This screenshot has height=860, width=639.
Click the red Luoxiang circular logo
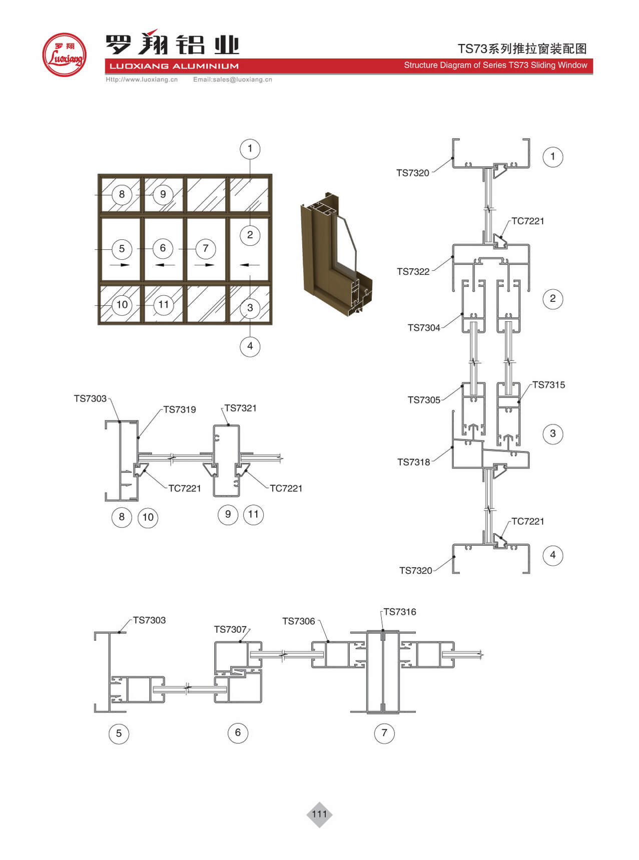point(64,55)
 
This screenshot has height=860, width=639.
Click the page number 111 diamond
point(319,814)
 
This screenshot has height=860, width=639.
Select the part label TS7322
point(413,272)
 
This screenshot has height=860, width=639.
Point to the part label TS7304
point(424,328)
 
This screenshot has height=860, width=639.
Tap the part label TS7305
point(424,400)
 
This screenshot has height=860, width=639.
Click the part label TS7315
point(548,385)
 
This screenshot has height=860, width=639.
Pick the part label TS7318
point(413,462)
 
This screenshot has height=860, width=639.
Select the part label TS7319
point(180,409)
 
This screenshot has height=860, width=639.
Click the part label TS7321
point(240,408)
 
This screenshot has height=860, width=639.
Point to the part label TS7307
point(230,629)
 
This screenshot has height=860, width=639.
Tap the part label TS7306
point(299,621)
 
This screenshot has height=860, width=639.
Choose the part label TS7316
point(399,612)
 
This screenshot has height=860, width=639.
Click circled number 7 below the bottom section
point(384,733)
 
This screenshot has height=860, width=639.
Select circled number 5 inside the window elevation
point(122,249)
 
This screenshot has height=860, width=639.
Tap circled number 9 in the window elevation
point(163,194)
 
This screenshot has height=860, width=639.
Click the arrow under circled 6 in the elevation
point(162,265)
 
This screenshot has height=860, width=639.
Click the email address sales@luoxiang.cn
point(233,80)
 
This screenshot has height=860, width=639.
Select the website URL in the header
point(142,80)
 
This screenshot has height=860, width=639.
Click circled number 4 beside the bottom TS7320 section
point(552,555)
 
